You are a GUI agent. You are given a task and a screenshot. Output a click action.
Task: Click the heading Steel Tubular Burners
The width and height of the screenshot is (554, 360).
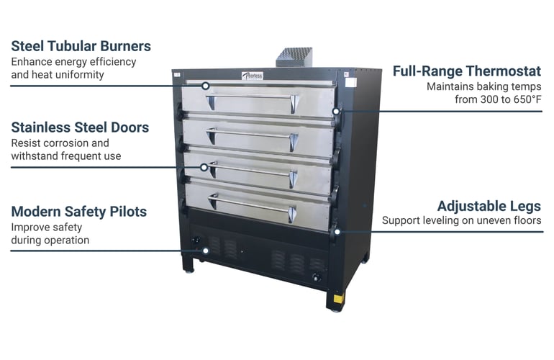tap(81, 46)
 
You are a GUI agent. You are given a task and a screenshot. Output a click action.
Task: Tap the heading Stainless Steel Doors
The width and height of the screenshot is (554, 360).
tap(80, 127)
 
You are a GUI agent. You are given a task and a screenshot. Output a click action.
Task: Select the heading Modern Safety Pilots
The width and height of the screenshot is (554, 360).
tap(79, 212)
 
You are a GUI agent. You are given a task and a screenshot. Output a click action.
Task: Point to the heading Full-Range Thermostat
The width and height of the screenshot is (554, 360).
tap(467, 71)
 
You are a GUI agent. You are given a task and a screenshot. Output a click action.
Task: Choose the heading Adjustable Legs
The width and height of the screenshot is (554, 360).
tap(489, 206)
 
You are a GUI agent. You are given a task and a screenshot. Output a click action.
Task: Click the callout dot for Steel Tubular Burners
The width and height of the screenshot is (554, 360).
tap(205, 86)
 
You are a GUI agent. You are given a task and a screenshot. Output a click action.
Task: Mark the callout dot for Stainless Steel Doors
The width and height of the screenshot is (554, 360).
tap(204, 167)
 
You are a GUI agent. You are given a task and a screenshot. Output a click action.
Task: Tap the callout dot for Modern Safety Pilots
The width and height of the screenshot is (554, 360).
tap(206, 251)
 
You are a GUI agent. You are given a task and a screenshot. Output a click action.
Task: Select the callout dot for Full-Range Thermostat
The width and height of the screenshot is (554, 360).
tap(336, 112)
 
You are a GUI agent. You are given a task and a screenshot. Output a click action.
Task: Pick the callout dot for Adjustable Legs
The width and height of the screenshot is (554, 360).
tap(337, 232)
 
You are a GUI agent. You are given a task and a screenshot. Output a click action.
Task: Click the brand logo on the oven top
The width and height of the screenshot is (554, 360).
tap(253, 76)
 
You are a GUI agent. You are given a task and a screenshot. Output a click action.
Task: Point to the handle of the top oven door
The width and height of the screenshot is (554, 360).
tap(253, 102)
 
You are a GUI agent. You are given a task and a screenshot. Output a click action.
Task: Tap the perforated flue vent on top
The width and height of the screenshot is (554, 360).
tap(294, 58)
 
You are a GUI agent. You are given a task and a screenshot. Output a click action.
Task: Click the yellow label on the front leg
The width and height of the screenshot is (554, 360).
tap(338, 298)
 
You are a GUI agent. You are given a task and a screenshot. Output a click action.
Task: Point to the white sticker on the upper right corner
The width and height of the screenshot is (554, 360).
tap(350, 83)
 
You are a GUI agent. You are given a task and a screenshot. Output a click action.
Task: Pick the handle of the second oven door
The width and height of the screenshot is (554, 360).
tap(253, 139)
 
